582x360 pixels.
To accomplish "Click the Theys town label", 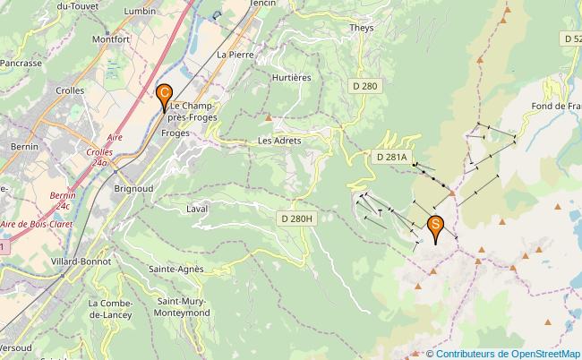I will [362, 28].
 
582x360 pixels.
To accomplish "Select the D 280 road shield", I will [364, 86].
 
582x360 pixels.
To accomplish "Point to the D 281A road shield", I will [391, 158].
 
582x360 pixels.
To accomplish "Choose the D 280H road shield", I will [295, 218].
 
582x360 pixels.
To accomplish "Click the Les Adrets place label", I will [279, 141].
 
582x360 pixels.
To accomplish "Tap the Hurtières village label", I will [291, 78].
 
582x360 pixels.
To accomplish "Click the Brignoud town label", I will [132, 189].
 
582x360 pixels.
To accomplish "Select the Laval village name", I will [197, 209].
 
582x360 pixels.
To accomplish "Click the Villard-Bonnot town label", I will [81, 261].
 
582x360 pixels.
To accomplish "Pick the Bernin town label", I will [23, 145].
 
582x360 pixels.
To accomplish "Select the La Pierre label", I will [235, 55].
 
